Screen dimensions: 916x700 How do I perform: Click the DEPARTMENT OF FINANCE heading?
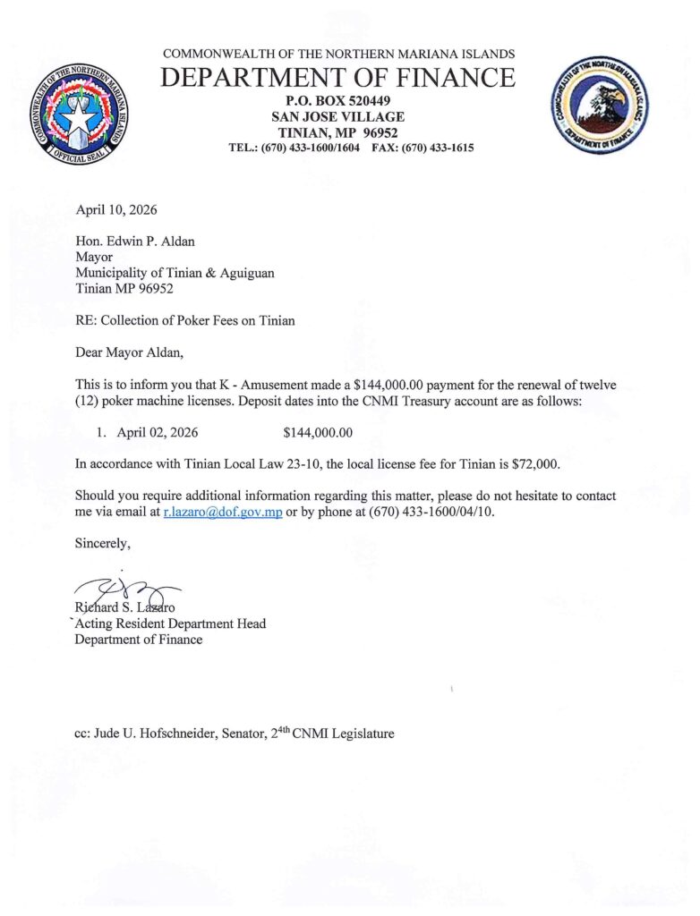[x=338, y=78]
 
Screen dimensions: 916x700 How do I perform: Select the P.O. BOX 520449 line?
[x=338, y=99]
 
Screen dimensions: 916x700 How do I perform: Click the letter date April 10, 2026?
[x=116, y=210]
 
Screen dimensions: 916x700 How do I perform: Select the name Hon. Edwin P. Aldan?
[x=133, y=241]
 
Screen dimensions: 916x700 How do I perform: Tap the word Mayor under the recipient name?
[x=93, y=257]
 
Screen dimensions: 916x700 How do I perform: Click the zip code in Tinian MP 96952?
[x=153, y=289]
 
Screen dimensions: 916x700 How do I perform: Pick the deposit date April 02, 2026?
[x=151, y=432]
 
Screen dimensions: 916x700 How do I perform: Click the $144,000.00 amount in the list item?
[x=318, y=432]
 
